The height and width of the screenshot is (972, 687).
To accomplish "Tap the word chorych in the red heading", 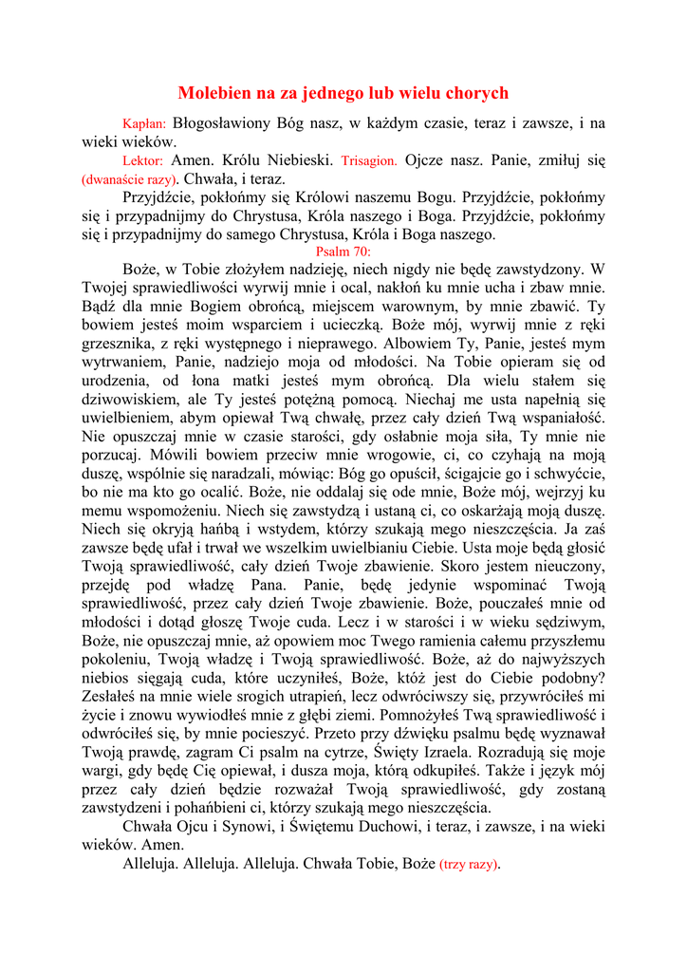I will click(x=475, y=93).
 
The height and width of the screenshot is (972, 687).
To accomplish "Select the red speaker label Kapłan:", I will click(x=144, y=124).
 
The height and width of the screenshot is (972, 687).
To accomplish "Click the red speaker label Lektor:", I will click(x=143, y=161).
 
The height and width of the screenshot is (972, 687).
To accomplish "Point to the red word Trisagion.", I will click(x=369, y=161).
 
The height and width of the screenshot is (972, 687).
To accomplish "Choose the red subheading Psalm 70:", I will click(x=343, y=252).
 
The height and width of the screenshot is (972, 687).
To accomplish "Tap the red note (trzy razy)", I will click(x=469, y=865).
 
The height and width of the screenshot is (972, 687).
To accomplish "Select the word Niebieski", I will click(x=298, y=160).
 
